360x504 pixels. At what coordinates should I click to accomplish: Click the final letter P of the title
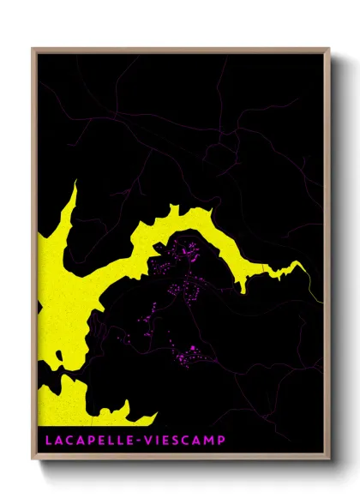point(221,441)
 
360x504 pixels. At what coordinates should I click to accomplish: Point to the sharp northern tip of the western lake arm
point(75,183)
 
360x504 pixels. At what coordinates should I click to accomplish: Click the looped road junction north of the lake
point(225,146)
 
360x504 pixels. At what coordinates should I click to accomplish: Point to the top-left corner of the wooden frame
point(33,49)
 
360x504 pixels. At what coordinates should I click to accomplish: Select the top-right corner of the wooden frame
point(329,49)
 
